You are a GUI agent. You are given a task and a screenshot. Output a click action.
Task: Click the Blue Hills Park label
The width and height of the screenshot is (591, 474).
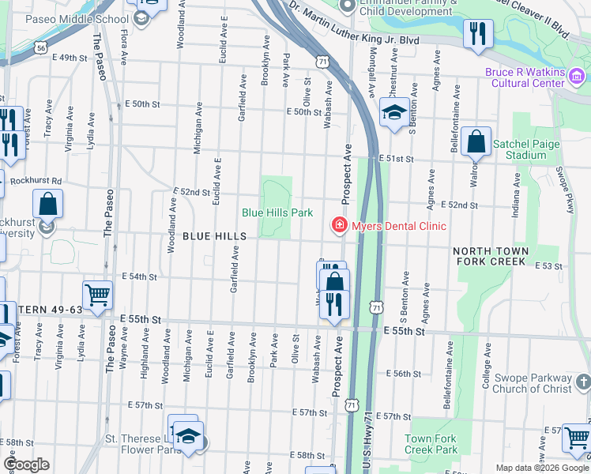click(x=277, y=213)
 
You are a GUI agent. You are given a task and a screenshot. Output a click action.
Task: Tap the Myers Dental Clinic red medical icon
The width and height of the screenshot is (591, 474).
click(x=340, y=227)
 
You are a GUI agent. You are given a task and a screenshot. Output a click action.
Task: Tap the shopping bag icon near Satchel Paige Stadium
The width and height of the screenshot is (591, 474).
click(x=476, y=142)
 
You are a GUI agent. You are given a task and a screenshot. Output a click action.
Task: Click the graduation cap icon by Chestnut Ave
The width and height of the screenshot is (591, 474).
click(x=393, y=113)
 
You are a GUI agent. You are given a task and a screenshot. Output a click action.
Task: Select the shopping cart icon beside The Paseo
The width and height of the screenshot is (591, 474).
click(x=97, y=295)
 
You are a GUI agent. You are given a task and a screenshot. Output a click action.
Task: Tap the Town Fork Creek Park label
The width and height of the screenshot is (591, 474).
click(x=431, y=444)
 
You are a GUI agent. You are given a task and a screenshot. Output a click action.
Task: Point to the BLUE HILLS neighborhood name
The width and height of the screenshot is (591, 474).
click(x=215, y=236)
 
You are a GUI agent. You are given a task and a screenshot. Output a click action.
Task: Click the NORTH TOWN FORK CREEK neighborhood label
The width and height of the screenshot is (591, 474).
click(x=489, y=256)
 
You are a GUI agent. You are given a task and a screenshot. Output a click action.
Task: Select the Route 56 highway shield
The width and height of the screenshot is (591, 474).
click(x=40, y=47)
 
